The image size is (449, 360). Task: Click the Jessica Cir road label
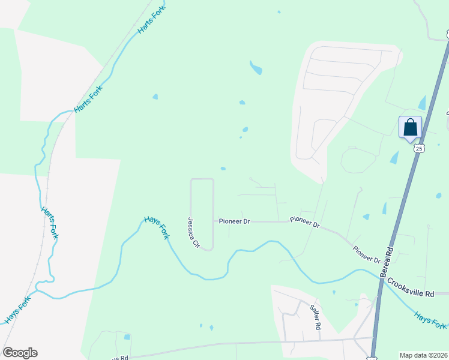pyautogui.click(x=193, y=233)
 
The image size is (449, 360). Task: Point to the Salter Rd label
pyautogui.click(x=315, y=317)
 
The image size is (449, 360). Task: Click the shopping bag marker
pyautogui.click(x=410, y=127)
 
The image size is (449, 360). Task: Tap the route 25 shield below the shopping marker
pyautogui.click(x=419, y=148)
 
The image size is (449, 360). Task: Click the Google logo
pyautogui.click(x=20, y=353)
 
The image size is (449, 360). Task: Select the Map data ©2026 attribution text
pyautogui.click(x=423, y=355)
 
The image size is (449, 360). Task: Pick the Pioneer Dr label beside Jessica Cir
pyautogui.click(x=234, y=221)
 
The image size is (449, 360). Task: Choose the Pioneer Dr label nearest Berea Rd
pyautogui.click(x=367, y=255)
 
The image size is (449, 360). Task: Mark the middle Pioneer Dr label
pyautogui.click(x=305, y=222)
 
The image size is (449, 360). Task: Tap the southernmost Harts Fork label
pyautogui.click(x=49, y=223)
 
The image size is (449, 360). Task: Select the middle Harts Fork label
pyautogui.click(x=88, y=98)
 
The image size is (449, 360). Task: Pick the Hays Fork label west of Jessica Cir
pyautogui.click(x=156, y=228)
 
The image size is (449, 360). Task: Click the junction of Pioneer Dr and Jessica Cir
pyautogui.click(x=214, y=221)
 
